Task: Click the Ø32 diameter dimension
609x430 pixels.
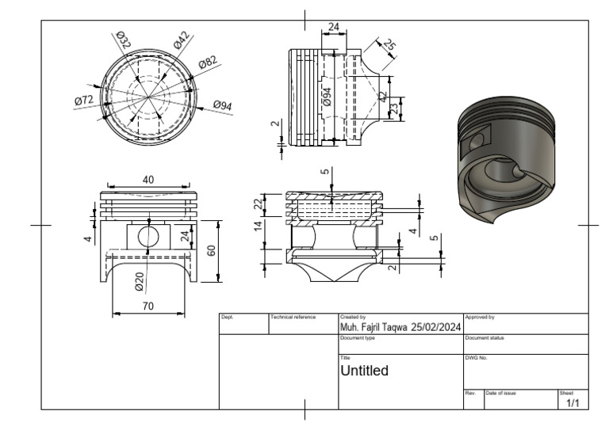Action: [x=124, y=39]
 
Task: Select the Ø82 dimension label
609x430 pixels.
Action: [x=209, y=63]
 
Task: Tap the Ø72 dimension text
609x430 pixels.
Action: [x=84, y=101]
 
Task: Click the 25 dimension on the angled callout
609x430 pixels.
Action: [x=389, y=45]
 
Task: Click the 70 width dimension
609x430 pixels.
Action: [x=147, y=306]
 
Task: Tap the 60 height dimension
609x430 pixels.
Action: [x=211, y=250]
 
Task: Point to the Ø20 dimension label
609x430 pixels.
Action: [x=140, y=280]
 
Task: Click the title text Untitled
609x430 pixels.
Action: [x=364, y=370]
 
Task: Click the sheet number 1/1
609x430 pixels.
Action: [x=573, y=403]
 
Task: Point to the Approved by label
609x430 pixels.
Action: [x=479, y=317]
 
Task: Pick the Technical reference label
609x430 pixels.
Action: [x=293, y=317]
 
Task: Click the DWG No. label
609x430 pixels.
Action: [x=476, y=358]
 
